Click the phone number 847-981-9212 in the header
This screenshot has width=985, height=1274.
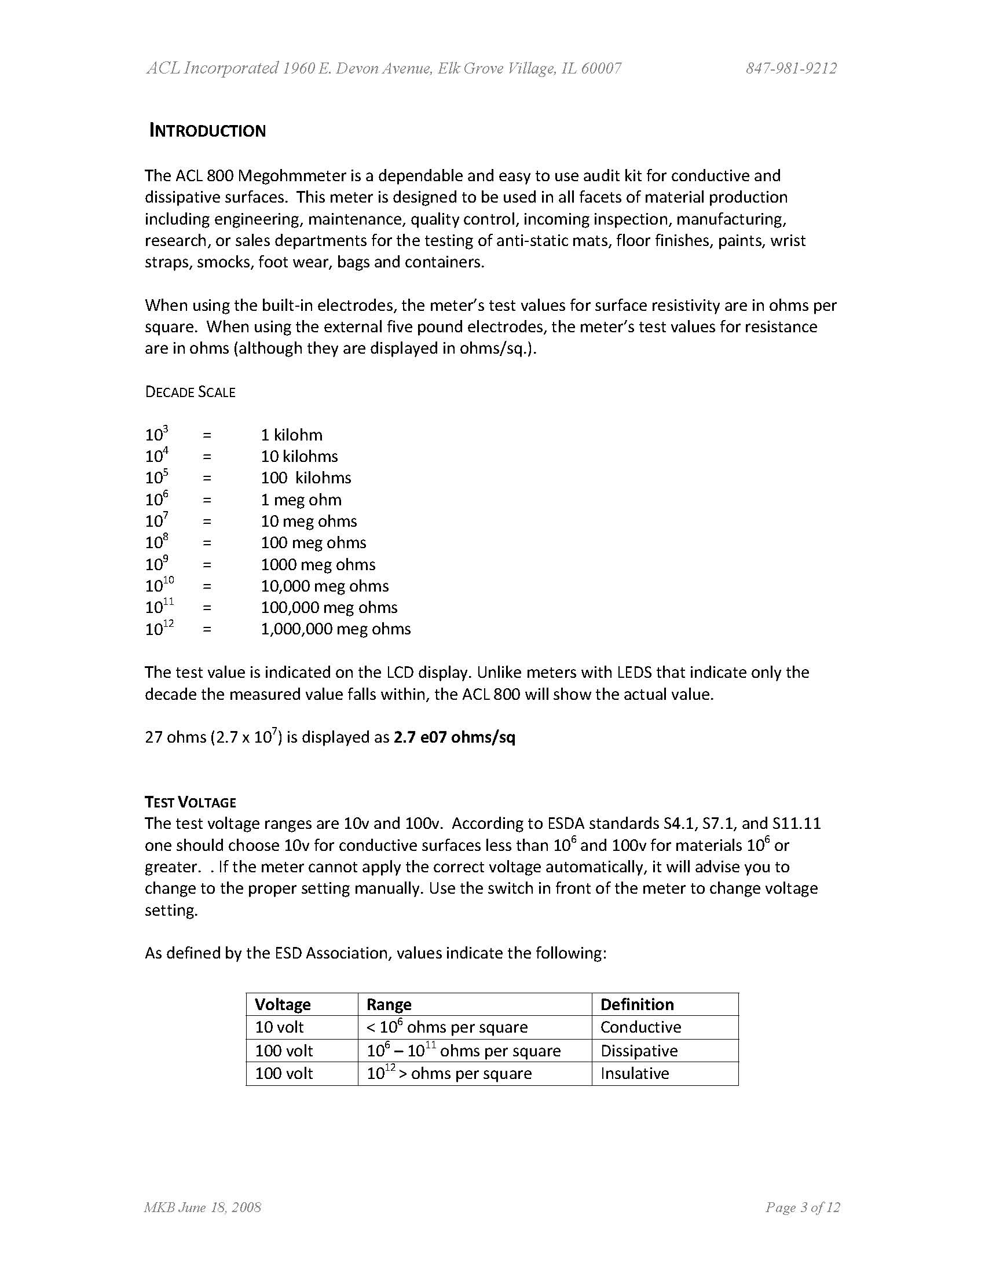click(x=790, y=69)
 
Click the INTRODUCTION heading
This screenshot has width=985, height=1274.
click(x=208, y=130)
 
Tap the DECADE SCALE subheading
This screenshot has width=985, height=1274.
click(x=191, y=392)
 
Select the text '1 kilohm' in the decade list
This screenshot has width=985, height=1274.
click(x=291, y=435)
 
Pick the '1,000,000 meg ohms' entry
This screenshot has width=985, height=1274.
click(x=335, y=629)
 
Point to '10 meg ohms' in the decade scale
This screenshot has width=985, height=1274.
click(x=309, y=521)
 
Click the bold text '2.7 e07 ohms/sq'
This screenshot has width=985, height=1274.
click(x=455, y=737)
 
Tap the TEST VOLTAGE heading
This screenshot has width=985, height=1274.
click(x=191, y=802)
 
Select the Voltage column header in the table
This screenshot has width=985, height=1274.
click(x=283, y=1004)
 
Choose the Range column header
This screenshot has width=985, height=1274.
click(x=389, y=1004)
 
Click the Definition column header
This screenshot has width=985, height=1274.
click(x=636, y=1004)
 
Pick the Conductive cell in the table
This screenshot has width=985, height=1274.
click(x=640, y=1027)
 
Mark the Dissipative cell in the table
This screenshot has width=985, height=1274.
click(x=639, y=1051)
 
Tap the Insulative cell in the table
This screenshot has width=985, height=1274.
click(x=634, y=1073)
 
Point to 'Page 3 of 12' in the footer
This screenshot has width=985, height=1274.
click(x=803, y=1207)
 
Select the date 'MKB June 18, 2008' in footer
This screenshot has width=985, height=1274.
click(x=203, y=1207)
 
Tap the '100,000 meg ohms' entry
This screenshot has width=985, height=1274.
click(x=329, y=607)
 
